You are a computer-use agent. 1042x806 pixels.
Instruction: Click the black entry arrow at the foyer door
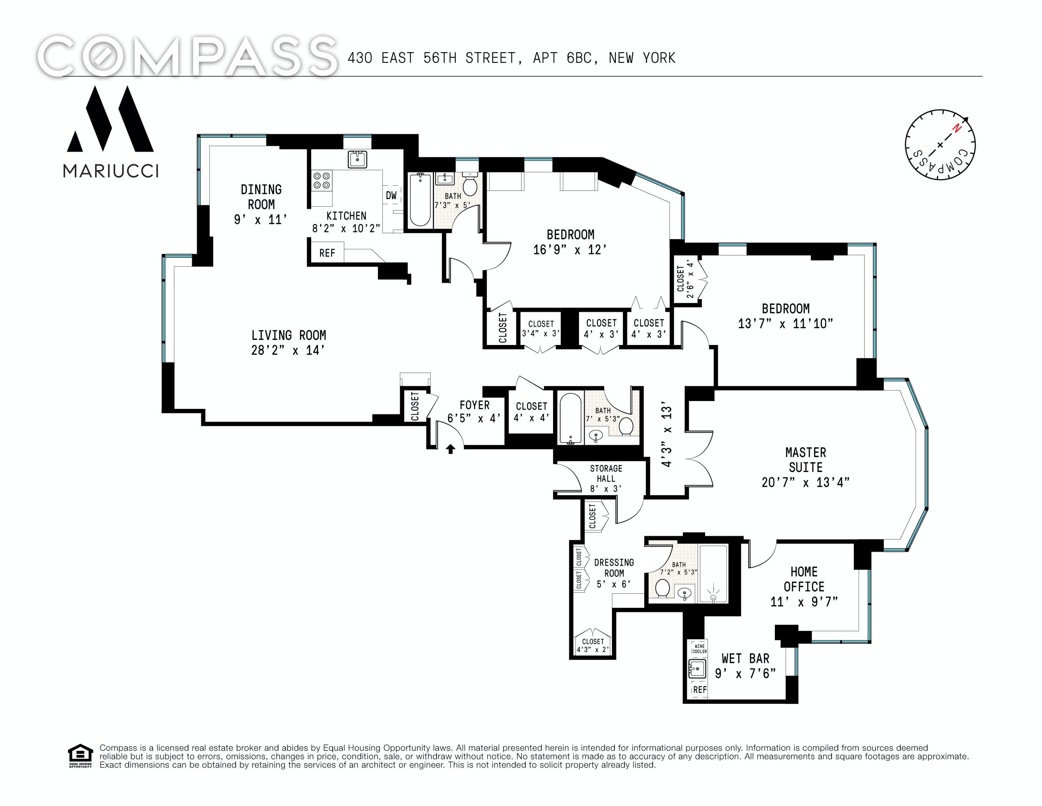point(450,449)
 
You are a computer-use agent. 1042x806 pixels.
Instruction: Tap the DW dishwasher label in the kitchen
point(391,195)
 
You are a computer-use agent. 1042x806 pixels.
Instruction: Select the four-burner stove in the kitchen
point(321,181)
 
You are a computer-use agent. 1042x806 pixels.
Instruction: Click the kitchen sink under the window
point(357,159)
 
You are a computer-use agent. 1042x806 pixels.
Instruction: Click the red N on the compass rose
point(956,128)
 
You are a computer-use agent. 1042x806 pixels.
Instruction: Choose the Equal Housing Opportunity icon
point(80,755)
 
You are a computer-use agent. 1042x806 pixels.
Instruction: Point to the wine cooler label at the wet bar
point(699,648)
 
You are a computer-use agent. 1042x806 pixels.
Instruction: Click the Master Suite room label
point(806,460)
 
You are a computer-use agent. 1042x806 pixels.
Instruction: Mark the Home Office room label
point(804,579)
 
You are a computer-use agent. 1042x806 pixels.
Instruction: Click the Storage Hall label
point(606,473)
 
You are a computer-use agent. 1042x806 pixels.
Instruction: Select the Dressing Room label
point(614,568)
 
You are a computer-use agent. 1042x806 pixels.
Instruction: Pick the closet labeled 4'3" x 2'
point(593,645)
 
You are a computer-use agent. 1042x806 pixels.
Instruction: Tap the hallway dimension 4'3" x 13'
point(667,436)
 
